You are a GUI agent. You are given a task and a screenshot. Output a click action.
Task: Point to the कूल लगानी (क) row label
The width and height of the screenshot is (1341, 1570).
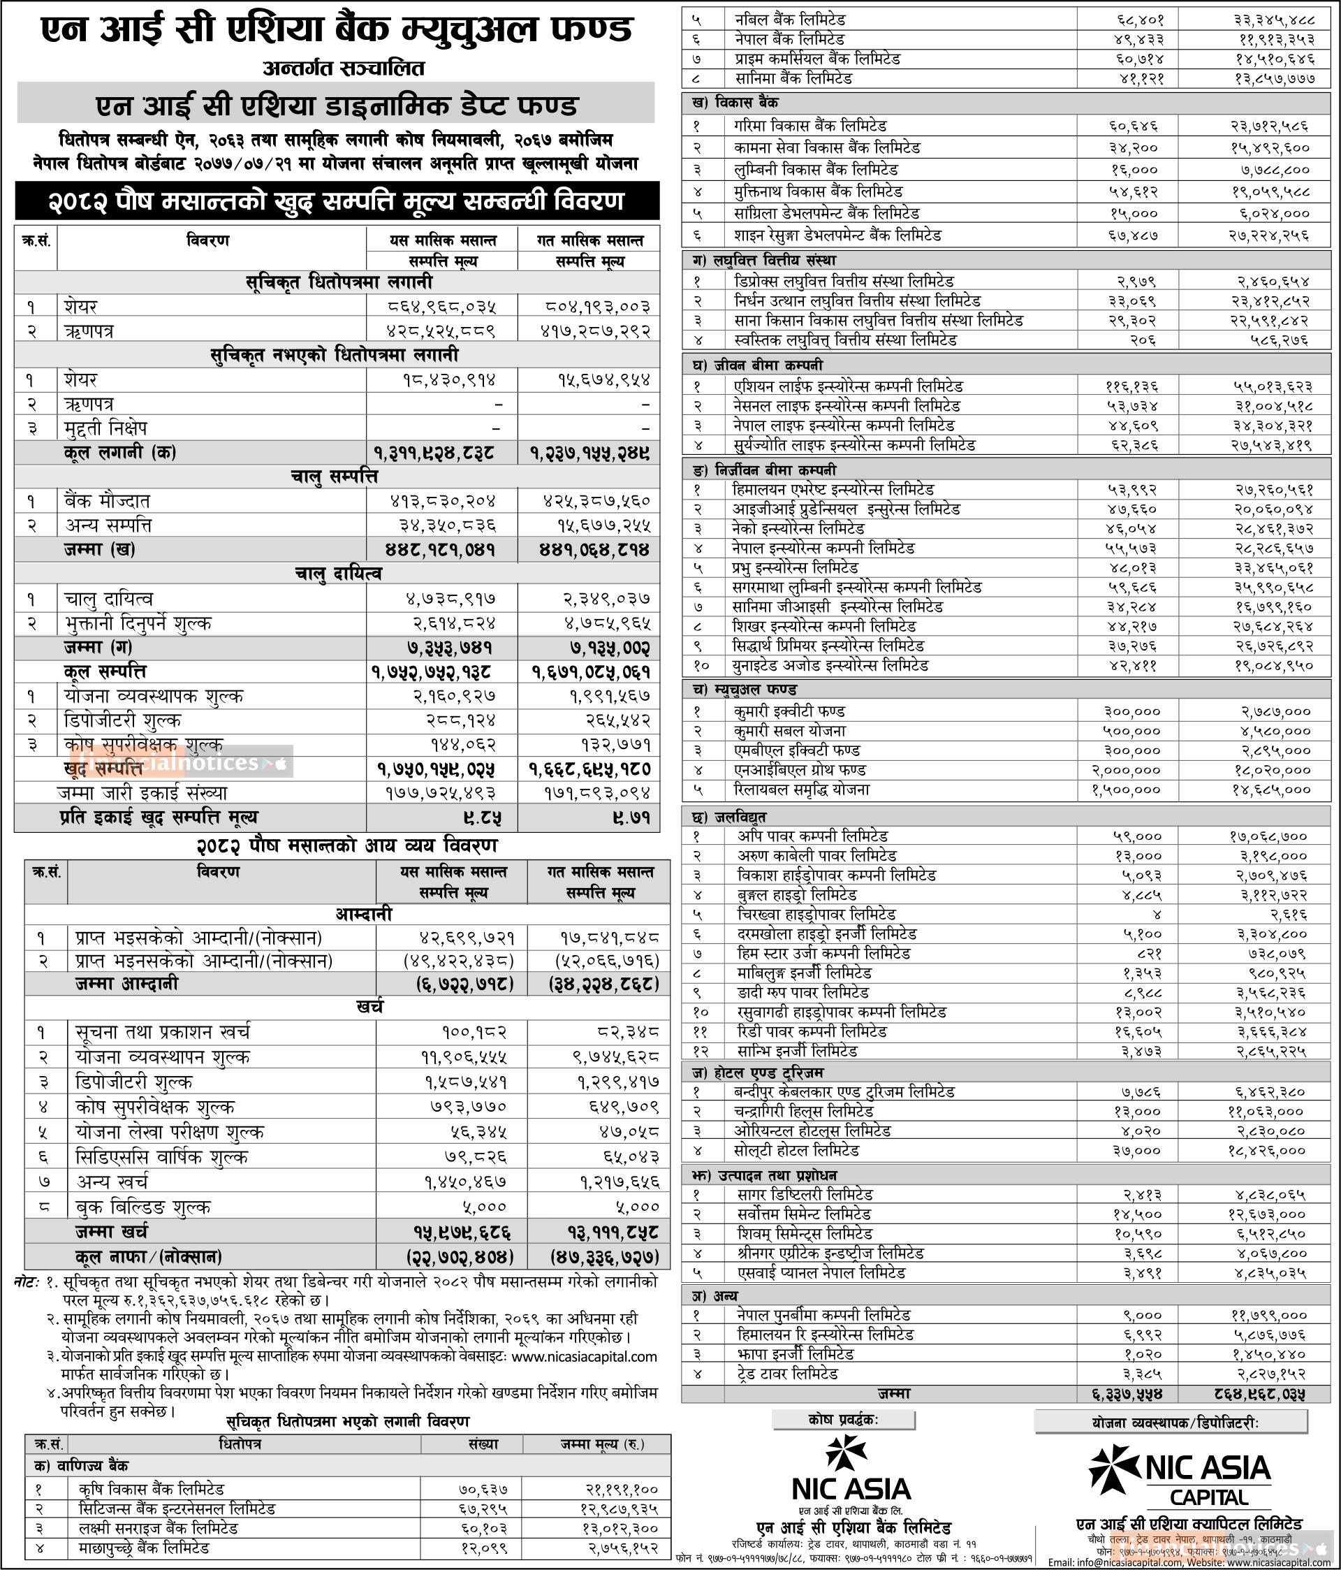(122, 452)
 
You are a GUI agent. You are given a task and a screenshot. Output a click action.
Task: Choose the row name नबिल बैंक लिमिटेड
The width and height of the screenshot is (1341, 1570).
(789, 20)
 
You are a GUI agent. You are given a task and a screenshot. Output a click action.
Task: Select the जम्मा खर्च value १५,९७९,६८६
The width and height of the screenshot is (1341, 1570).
(463, 1230)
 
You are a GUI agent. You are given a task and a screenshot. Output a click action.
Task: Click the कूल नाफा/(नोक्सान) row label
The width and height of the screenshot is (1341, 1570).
(148, 1256)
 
